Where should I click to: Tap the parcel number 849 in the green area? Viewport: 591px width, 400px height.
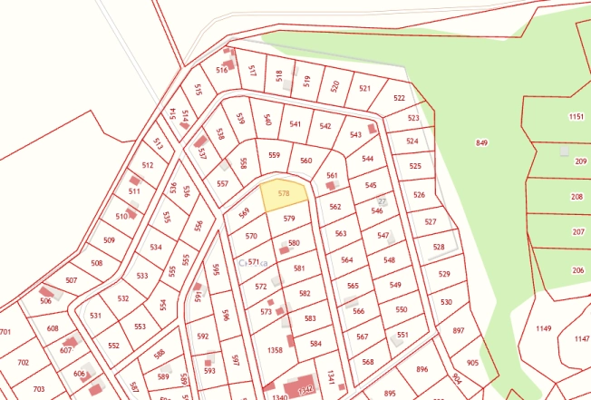481,143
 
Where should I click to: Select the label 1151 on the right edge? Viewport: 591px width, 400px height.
576,117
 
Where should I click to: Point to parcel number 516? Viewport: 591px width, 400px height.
222,70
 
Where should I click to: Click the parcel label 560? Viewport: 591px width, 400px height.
305,161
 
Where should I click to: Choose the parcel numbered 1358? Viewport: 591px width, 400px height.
276,348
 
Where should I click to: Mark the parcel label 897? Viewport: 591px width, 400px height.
458,331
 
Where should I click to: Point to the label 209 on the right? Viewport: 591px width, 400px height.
580,161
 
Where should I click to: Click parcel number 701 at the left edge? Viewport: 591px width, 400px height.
5,332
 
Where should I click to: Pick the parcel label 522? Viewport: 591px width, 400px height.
400,98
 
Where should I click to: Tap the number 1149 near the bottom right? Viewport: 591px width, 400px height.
544,328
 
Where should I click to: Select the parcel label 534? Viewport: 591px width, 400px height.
156,247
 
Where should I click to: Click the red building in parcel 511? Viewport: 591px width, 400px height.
136,180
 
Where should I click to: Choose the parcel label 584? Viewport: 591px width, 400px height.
315,344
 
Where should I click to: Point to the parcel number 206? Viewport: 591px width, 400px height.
578,270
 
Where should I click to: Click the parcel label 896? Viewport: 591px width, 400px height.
421,369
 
